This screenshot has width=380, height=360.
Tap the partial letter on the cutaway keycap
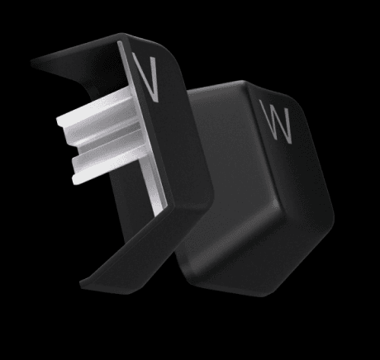click(x=146, y=77)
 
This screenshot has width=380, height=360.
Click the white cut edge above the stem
click(x=126, y=64)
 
